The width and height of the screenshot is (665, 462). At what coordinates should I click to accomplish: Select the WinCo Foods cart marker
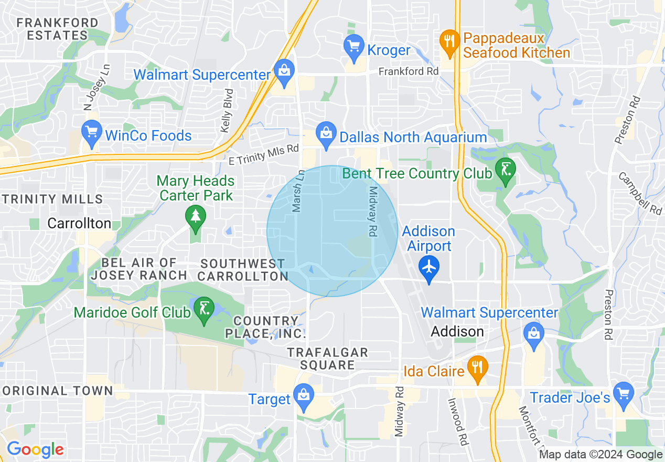(92, 134)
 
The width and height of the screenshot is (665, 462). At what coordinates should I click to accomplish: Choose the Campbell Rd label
(640, 193)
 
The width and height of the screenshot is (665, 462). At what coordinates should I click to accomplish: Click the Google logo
(35, 449)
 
